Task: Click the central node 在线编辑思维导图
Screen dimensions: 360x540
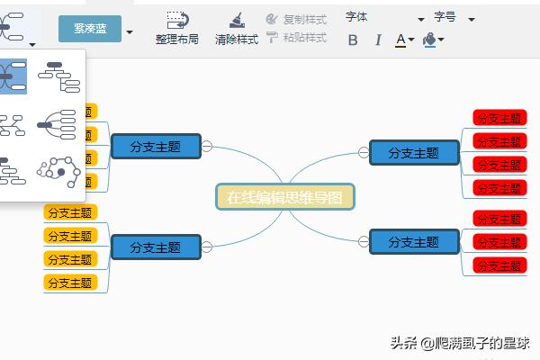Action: tap(285, 197)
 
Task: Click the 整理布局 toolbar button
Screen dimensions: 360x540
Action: tap(176, 28)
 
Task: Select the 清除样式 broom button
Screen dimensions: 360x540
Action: tap(236, 28)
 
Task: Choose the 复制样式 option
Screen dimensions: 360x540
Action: tap(296, 18)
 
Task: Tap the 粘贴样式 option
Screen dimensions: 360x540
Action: tap(296, 38)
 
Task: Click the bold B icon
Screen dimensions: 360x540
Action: tap(353, 40)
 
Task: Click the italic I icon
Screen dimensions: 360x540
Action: tap(378, 40)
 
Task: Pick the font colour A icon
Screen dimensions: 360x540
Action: tap(401, 40)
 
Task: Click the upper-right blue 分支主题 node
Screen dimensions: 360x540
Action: tap(413, 153)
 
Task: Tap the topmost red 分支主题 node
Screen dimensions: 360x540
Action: tap(499, 118)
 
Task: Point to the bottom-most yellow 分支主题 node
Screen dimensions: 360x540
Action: tap(70, 283)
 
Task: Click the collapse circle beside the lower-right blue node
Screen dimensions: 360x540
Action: tap(360, 240)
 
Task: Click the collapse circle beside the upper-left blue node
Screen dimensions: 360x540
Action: tap(207, 147)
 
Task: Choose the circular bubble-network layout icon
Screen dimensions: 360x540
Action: tap(58, 169)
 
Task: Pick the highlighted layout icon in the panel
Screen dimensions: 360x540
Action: tap(13, 77)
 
